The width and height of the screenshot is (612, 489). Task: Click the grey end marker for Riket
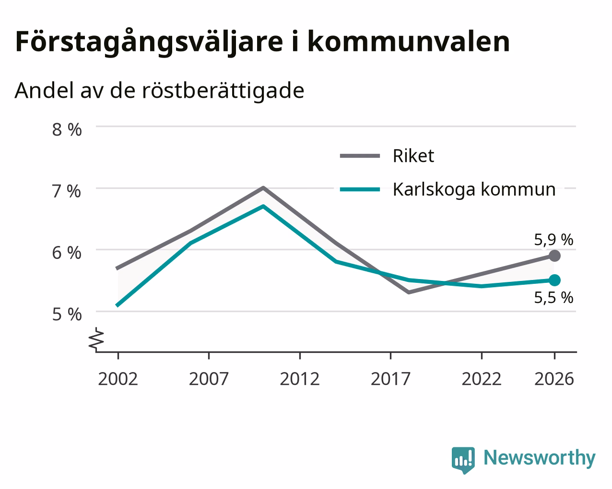tap(554, 256)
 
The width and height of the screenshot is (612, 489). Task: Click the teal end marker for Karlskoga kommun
tap(554, 280)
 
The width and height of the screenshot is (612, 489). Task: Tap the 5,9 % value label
tap(553, 240)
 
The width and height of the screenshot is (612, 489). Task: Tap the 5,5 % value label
tap(553, 298)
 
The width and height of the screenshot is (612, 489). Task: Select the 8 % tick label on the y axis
tap(67, 129)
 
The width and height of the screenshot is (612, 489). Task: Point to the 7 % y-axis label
tap(67, 191)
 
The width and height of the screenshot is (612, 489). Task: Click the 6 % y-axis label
tap(67, 253)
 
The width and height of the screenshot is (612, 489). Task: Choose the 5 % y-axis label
tap(67, 314)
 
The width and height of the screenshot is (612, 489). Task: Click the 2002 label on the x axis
tap(118, 379)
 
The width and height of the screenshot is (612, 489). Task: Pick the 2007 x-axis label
tap(209, 379)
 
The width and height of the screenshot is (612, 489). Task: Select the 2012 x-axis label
tap(300, 379)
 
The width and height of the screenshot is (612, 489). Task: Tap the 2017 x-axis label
tap(390, 379)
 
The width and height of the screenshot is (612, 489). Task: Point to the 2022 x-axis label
tap(482, 379)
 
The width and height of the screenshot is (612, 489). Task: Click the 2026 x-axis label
tap(554, 379)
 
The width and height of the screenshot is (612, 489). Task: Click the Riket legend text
tap(413, 156)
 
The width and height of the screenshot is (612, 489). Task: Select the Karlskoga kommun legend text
tap(474, 189)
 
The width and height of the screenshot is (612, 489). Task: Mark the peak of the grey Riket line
tap(263, 187)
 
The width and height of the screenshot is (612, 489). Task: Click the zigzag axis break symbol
tap(96, 339)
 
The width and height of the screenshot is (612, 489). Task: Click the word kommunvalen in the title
tap(409, 42)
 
